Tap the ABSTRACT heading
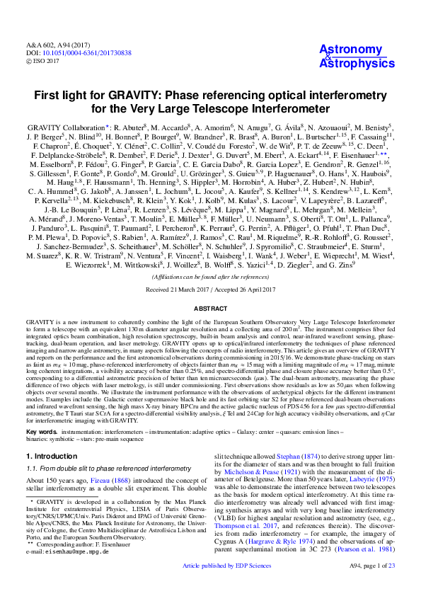(x=210, y=309)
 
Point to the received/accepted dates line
(x=210, y=290)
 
